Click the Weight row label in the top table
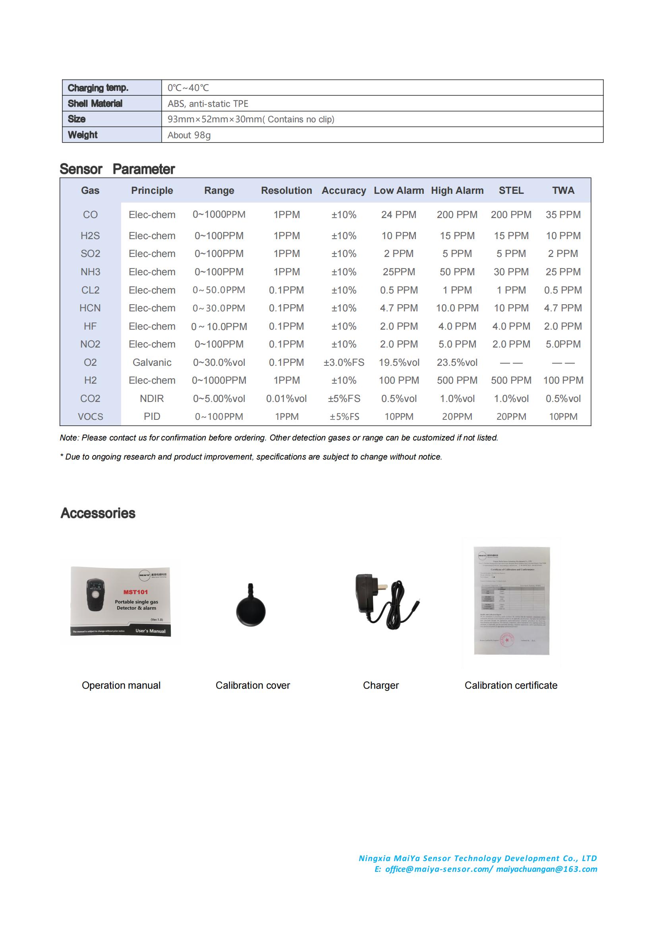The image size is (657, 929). pos(83,135)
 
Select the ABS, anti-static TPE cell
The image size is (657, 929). pos(208,104)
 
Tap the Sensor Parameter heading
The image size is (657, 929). pos(117,169)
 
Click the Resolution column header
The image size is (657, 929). pos(286,191)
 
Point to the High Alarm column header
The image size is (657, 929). pos(457,191)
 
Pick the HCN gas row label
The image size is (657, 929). pos(90,308)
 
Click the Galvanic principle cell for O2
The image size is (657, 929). pos(152,363)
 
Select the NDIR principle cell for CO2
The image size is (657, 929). pos(152,398)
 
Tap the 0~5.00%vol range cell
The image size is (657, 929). pos(219,398)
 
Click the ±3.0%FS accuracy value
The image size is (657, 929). pos(344,363)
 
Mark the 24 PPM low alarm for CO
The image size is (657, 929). pos(398,214)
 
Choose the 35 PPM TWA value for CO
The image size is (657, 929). pos(563,214)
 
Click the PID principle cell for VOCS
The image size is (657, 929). pos(152,416)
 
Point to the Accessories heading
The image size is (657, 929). pos(98,513)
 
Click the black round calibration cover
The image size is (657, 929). pos(251,610)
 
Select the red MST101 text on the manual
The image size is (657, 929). pos(135,592)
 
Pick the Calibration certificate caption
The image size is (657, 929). pos(510,685)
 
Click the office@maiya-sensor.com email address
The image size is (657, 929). pos(439,869)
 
